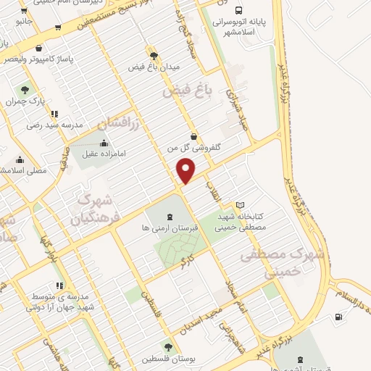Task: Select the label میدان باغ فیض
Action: pos(152,67)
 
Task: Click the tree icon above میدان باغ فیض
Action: pos(153,55)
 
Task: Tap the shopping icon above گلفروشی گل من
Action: pos(193,136)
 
